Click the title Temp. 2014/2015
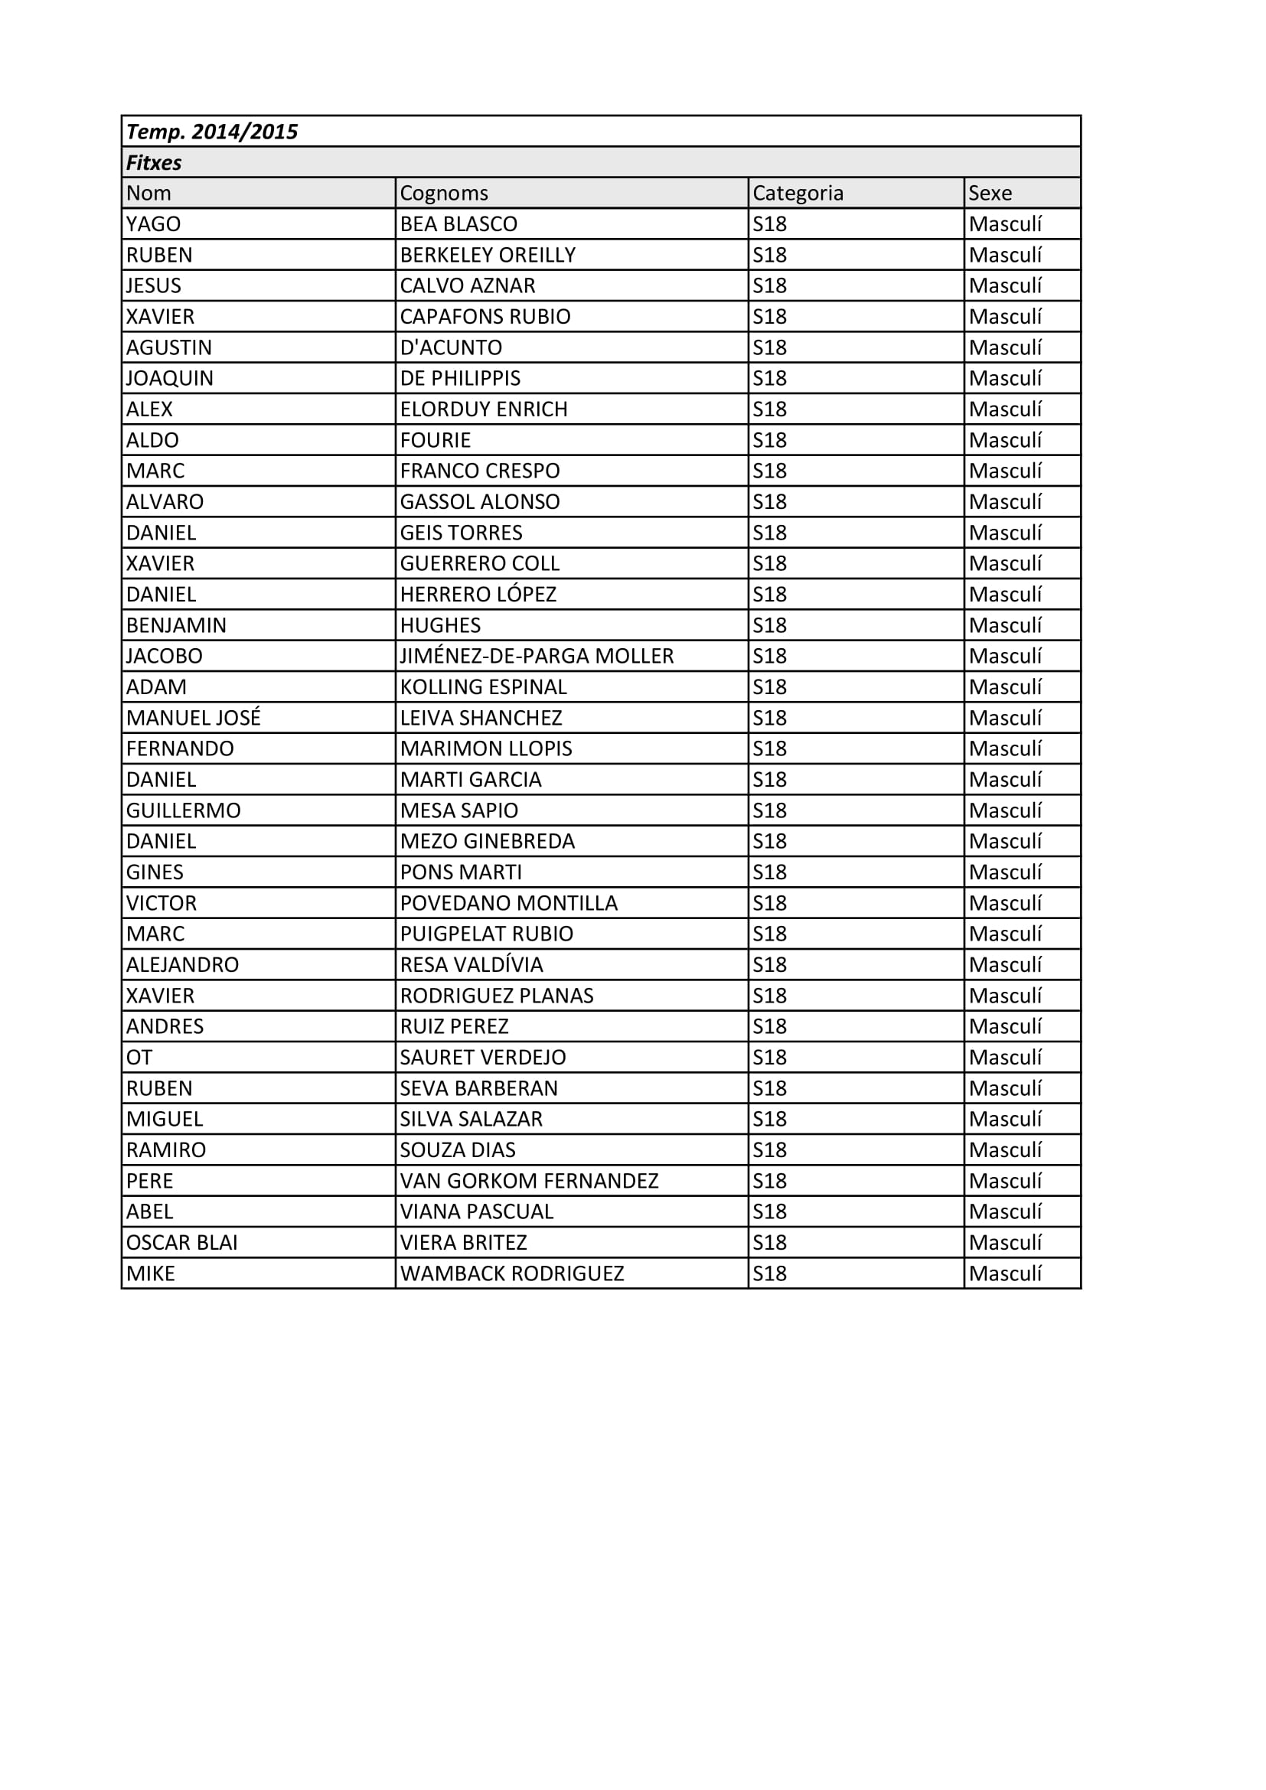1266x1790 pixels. tap(212, 132)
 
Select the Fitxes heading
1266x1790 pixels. tap(154, 163)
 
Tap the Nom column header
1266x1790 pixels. tap(148, 194)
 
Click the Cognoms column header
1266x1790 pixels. tap(444, 194)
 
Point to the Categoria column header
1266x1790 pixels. tap(798, 194)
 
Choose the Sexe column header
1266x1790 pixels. tap(990, 194)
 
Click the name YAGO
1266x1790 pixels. tap(154, 224)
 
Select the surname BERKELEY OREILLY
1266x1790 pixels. tap(488, 255)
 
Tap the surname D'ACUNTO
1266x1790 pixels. tap(451, 347)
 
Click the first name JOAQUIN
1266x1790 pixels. tap(169, 378)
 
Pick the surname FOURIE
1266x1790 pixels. tap(435, 441)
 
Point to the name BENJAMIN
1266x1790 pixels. tap(176, 625)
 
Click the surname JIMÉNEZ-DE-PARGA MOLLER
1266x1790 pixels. tap(537, 657)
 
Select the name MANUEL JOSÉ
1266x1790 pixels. tap(194, 718)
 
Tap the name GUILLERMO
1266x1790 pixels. tap(183, 810)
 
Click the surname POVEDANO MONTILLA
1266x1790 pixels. tap(508, 904)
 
